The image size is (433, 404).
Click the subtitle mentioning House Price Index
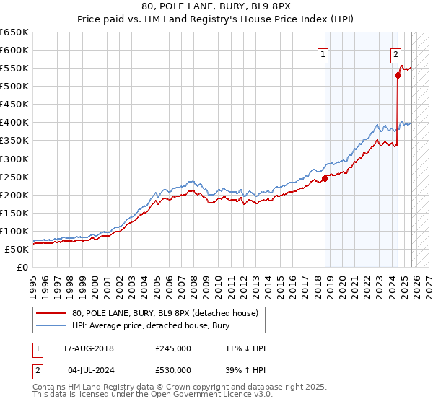point(216,20)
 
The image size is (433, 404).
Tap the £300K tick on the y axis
point(14,159)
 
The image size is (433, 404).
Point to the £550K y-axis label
point(14,69)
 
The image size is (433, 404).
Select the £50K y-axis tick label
point(17,249)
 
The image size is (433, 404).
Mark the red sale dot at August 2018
point(325,178)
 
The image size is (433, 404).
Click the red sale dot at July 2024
point(398,75)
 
